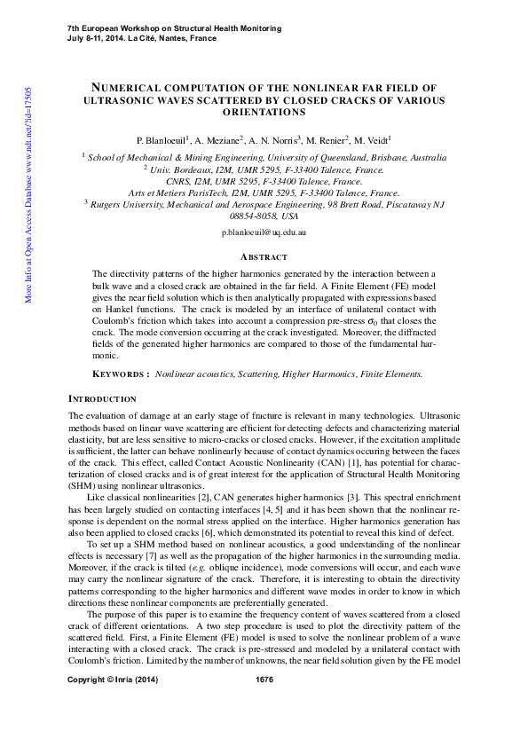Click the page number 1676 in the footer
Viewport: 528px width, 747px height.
264,729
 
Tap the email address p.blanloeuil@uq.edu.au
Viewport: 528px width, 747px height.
264,231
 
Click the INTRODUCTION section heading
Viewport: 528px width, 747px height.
102,399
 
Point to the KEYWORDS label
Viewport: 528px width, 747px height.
121,374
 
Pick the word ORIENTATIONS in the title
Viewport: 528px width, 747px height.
264,113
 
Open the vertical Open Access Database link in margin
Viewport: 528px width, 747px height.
29,195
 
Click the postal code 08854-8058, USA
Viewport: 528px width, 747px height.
264,216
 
